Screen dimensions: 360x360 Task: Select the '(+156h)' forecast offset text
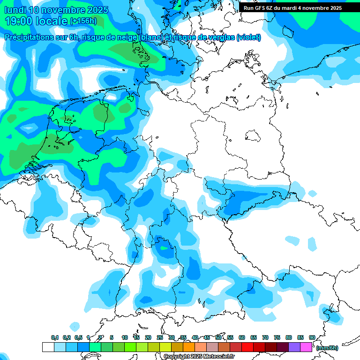coord(83,21)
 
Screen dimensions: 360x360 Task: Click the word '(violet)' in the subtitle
coord(248,37)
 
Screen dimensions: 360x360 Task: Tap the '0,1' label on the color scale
coord(55,337)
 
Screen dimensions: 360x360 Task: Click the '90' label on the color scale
coord(312,337)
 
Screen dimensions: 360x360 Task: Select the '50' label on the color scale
coord(218,337)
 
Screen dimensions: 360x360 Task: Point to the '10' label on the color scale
coord(125,337)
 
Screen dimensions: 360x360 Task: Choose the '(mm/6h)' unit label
coord(327,348)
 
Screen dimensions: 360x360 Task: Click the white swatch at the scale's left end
coord(48,347)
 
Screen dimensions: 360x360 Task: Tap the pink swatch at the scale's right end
coord(306,347)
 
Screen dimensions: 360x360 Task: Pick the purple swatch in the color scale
coord(294,347)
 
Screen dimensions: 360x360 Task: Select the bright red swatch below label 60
coord(247,347)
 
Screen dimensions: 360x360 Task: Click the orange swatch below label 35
coord(189,347)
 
